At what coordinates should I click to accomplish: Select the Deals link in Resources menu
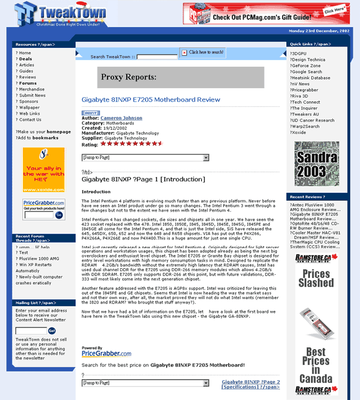point(26,59)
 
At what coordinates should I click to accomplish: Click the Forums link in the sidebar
point(28,83)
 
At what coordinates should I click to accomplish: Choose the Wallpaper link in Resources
point(29,107)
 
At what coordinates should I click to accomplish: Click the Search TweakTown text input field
point(157,57)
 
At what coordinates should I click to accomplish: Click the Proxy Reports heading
point(129,78)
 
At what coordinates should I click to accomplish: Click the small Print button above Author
point(89,113)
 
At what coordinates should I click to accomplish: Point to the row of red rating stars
point(131,142)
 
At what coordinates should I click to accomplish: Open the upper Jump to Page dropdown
point(145,157)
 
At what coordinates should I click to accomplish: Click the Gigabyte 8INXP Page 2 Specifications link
point(250,384)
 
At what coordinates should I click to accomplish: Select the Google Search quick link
point(307,72)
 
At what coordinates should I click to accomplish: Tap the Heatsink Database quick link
point(311,78)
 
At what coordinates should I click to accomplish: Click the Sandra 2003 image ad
point(316,164)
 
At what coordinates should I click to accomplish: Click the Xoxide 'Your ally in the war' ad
point(44,170)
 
